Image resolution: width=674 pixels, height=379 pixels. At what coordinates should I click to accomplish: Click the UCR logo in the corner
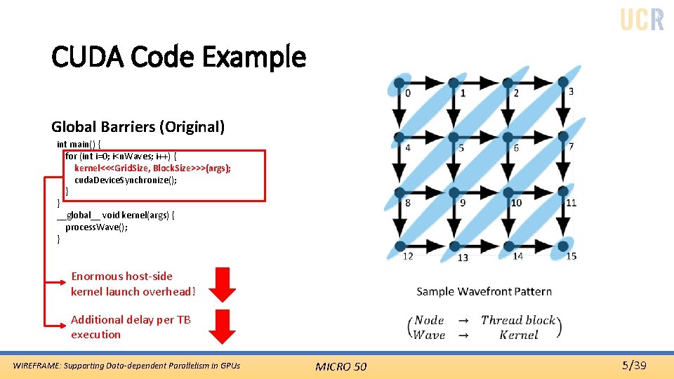point(642,19)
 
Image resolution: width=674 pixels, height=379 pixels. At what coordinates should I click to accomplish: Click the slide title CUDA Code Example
point(178,57)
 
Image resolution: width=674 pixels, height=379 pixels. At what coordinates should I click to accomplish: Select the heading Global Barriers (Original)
point(138,127)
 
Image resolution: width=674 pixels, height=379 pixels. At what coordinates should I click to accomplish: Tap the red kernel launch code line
point(152,168)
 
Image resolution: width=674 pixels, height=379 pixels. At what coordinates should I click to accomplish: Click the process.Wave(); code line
point(96,227)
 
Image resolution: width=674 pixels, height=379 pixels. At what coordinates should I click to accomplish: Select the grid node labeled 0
point(399,82)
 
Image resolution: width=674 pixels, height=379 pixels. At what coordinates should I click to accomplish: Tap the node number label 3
point(571,91)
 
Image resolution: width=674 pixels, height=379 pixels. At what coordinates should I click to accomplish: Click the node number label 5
point(461,148)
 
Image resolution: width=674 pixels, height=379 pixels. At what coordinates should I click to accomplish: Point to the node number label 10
point(516,203)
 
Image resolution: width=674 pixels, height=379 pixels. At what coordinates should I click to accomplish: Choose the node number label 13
point(463,258)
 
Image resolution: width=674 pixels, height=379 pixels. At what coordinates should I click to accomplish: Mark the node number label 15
point(571,256)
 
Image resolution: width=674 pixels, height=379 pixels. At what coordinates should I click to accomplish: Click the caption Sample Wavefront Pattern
point(484,291)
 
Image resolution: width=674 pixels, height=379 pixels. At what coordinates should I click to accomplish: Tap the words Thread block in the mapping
point(518,320)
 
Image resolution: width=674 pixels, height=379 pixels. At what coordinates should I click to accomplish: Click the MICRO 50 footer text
point(341,366)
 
